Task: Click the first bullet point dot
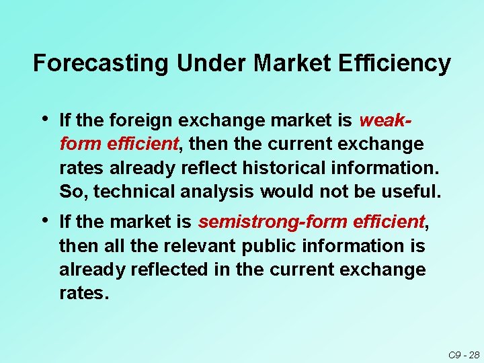pos(44,119)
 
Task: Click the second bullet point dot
pos(44,219)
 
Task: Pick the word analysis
pos(217,192)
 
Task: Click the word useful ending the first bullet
pos(411,192)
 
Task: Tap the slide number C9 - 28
pos(463,355)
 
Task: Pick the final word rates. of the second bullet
pos(83,294)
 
